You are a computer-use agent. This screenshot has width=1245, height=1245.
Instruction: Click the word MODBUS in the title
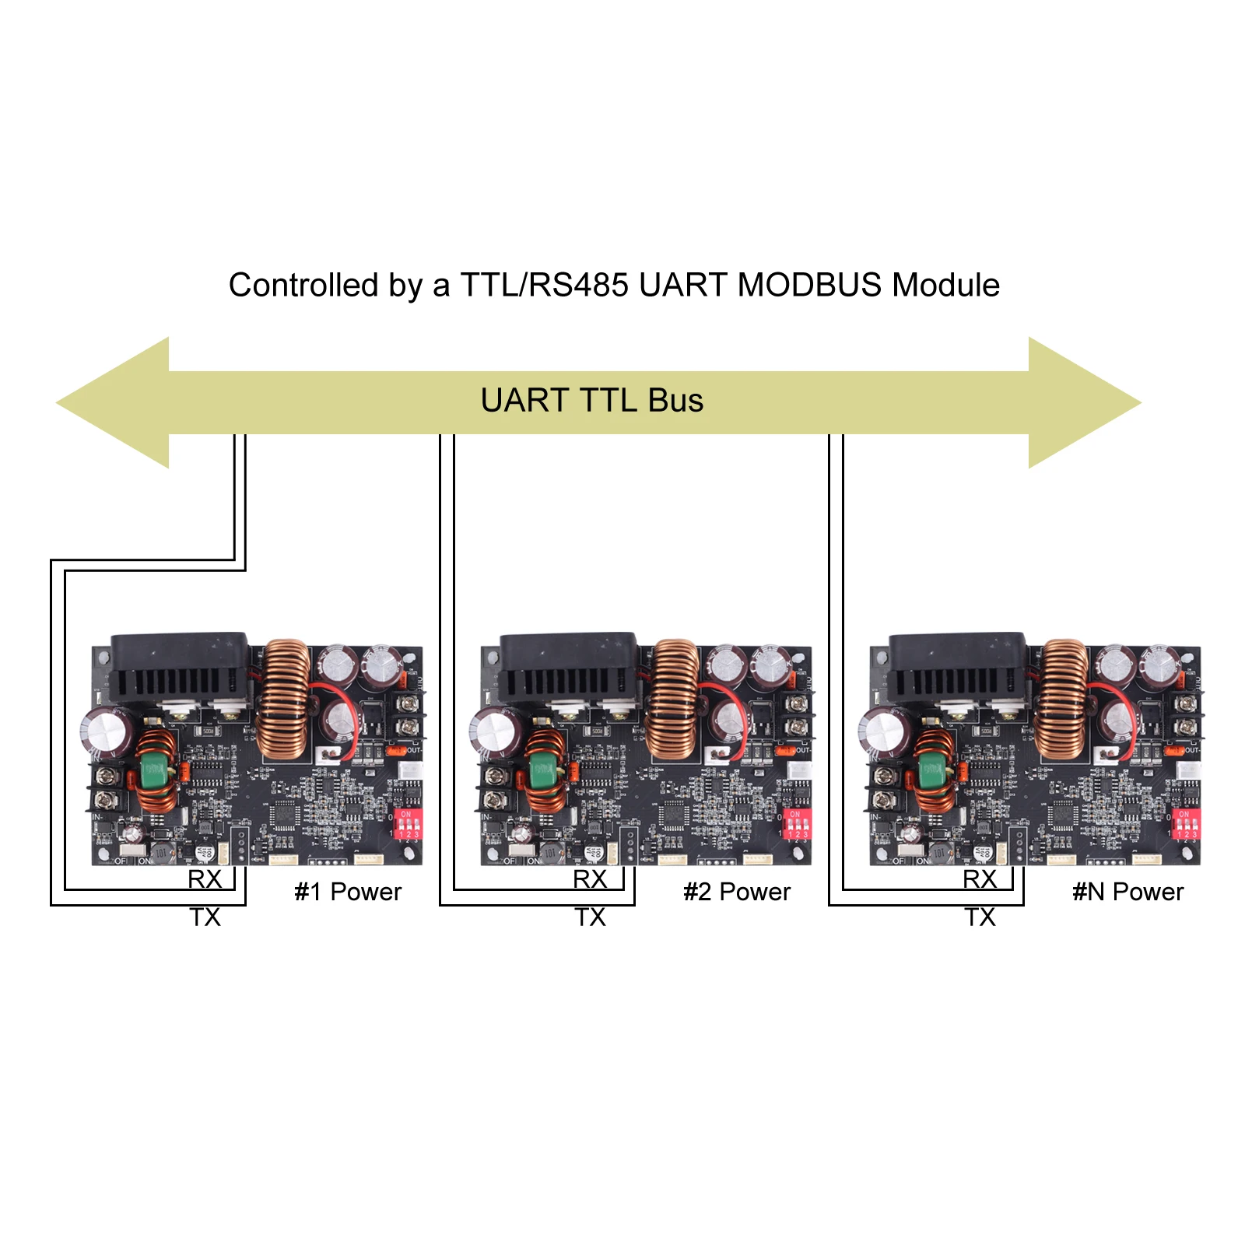click(809, 286)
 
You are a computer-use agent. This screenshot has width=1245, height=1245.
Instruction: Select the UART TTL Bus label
click(591, 401)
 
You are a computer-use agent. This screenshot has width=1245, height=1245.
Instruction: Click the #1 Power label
click(348, 892)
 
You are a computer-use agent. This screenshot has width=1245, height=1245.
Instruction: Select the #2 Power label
click(737, 892)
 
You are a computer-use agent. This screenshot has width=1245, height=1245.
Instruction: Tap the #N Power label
click(1128, 892)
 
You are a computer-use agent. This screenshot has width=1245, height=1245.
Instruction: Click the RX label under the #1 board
click(205, 879)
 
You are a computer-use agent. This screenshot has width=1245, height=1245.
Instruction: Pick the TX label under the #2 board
click(591, 917)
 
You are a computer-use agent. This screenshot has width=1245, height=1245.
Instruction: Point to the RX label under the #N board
click(980, 879)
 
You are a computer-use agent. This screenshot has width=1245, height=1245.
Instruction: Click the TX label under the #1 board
click(205, 917)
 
